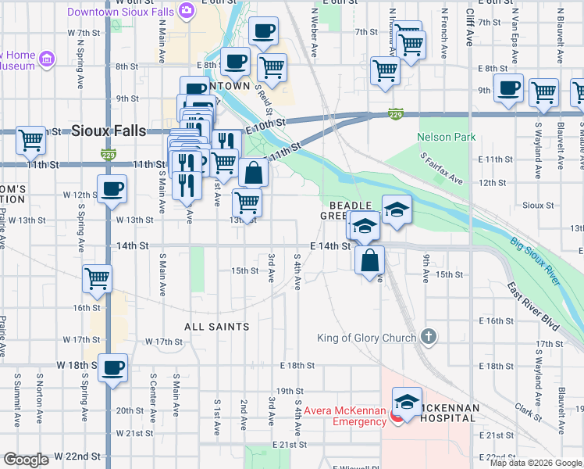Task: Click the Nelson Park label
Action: click(446, 137)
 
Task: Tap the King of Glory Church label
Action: click(369, 338)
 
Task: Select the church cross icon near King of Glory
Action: click(427, 337)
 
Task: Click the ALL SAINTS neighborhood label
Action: click(216, 327)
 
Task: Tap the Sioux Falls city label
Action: click(109, 131)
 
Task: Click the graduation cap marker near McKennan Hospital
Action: click(407, 402)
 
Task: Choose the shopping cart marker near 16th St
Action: click(98, 277)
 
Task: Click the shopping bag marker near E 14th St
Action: click(370, 260)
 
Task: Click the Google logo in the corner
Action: click(26, 460)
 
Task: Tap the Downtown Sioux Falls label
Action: click(121, 12)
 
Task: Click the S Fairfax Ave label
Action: click(441, 169)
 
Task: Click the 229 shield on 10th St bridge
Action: click(397, 114)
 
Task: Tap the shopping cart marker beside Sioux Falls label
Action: click(30, 141)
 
